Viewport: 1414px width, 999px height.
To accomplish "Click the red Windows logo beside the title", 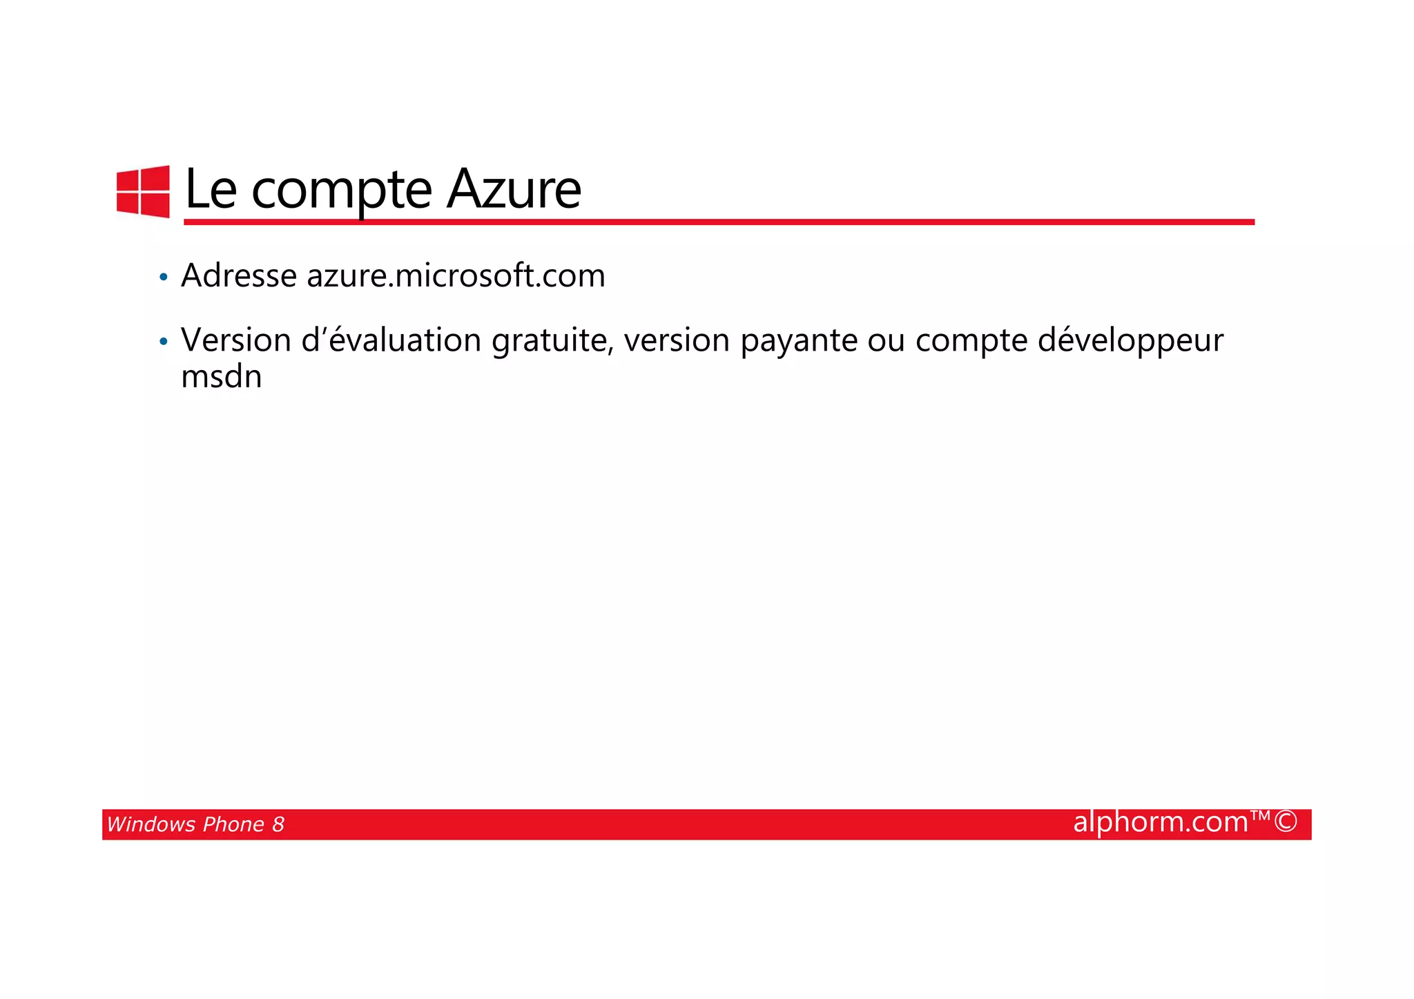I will point(143,191).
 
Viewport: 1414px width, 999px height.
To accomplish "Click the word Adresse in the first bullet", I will point(239,276).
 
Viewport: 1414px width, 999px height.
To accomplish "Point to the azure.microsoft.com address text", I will point(456,276).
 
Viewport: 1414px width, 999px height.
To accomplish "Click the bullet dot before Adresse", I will point(163,278).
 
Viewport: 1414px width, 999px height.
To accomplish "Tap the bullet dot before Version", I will point(163,342).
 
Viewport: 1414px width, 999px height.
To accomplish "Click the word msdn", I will point(222,377).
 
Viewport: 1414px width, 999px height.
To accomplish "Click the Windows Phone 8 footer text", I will point(195,824).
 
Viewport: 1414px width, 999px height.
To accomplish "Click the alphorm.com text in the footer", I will point(1161,822).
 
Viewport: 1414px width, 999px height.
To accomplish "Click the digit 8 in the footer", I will point(278,824).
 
